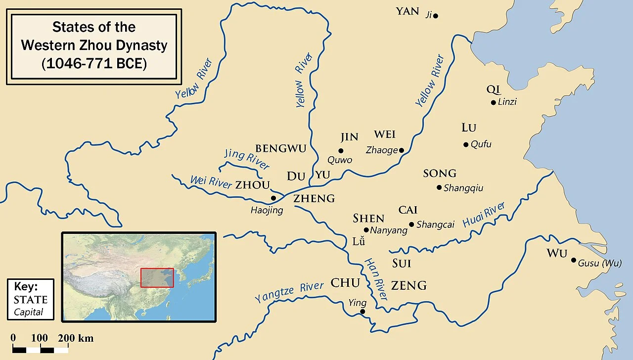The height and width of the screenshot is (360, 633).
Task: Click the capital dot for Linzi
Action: [493, 102]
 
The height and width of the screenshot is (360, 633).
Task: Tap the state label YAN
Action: [407, 11]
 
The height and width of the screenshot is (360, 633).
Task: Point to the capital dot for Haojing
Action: [272, 198]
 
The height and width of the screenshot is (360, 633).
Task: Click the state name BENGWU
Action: [280, 148]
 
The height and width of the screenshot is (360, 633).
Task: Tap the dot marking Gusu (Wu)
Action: [574, 260]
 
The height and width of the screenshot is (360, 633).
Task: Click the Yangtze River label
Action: [289, 292]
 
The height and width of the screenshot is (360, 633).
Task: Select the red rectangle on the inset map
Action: [157, 277]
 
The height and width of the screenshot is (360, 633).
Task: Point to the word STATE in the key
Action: [31, 300]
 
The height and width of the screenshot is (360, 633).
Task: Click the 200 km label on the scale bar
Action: [75, 338]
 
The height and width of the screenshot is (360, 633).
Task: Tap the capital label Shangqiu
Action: [463, 188]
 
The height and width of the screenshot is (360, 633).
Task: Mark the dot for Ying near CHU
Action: [362, 312]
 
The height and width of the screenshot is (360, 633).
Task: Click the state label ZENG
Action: [408, 285]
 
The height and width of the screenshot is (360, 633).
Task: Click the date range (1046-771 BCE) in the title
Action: [94, 63]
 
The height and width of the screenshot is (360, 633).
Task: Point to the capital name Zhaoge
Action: [381, 150]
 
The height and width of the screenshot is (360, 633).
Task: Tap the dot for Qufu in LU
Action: [466, 144]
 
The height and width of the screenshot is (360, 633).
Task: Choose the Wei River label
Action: [211, 182]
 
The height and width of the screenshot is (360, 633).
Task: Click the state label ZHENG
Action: [314, 199]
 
